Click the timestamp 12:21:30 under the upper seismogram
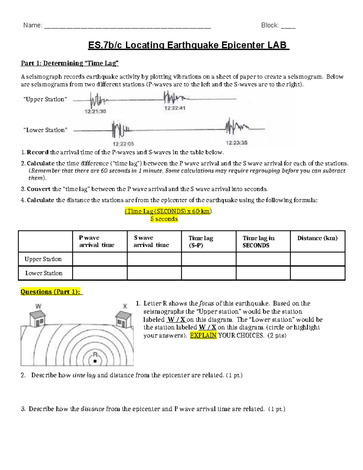(x=95, y=111)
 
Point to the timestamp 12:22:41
(x=175, y=108)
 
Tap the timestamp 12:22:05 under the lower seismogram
(x=123, y=144)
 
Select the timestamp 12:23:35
(x=236, y=143)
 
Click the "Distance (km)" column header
(x=317, y=238)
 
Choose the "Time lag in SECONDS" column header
(x=258, y=242)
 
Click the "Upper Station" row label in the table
(x=43, y=259)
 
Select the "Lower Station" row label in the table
(x=44, y=273)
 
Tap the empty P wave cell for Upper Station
(x=100, y=259)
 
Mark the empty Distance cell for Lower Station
(x=317, y=273)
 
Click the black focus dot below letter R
(x=95, y=361)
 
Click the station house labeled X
(x=124, y=320)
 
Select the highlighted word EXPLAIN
(x=203, y=335)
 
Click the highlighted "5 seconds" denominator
(x=164, y=219)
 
